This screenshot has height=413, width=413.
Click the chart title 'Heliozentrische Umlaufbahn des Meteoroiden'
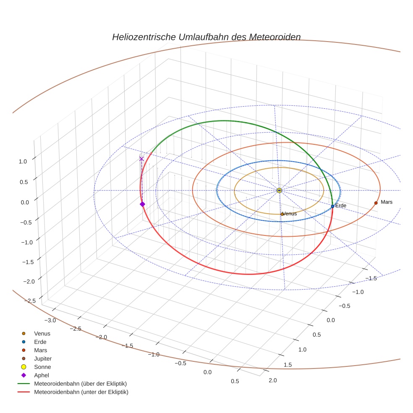point(206,37)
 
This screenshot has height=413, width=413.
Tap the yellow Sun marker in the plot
point(280,191)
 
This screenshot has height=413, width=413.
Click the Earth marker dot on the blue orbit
point(332,206)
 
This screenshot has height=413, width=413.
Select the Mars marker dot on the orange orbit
point(376,203)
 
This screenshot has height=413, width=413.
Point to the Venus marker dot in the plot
point(282,214)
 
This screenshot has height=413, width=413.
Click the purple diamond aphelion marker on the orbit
point(142,204)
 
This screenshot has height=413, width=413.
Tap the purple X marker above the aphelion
point(141,159)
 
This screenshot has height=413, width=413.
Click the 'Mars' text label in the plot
point(387,202)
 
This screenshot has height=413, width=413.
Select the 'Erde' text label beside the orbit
point(340,206)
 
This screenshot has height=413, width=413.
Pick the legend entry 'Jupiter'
point(42,358)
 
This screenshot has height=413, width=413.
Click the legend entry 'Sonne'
point(42,367)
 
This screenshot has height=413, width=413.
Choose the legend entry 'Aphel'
point(42,375)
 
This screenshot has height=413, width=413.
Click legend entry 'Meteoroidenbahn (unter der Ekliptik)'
point(81,392)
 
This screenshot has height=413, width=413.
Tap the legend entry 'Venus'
point(42,333)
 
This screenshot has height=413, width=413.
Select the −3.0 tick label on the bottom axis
point(49,320)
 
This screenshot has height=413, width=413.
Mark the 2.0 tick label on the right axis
point(272,380)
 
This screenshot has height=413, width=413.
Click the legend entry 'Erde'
point(40,342)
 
